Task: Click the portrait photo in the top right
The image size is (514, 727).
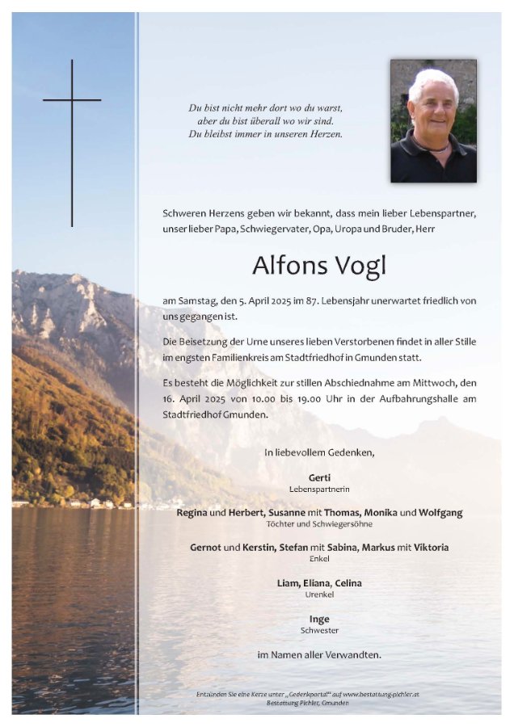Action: click(433, 120)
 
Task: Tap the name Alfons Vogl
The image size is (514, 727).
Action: click(318, 264)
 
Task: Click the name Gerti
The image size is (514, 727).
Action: click(319, 477)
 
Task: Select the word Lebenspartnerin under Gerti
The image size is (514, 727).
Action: click(319, 490)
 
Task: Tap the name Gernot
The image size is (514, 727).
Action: click(205, 547)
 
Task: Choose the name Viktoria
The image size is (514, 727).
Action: click(427, 547)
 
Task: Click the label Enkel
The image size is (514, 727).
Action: click(319, 559)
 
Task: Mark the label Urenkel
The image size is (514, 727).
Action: click(319, 595)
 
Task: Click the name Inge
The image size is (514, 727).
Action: click(319, 619)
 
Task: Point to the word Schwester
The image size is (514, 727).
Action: click(319, 631)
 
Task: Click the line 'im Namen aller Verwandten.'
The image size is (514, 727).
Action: click(319, 654)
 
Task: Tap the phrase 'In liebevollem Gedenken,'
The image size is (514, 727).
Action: click(319, 453)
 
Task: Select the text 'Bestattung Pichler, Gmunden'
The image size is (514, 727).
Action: click(318, 704)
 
